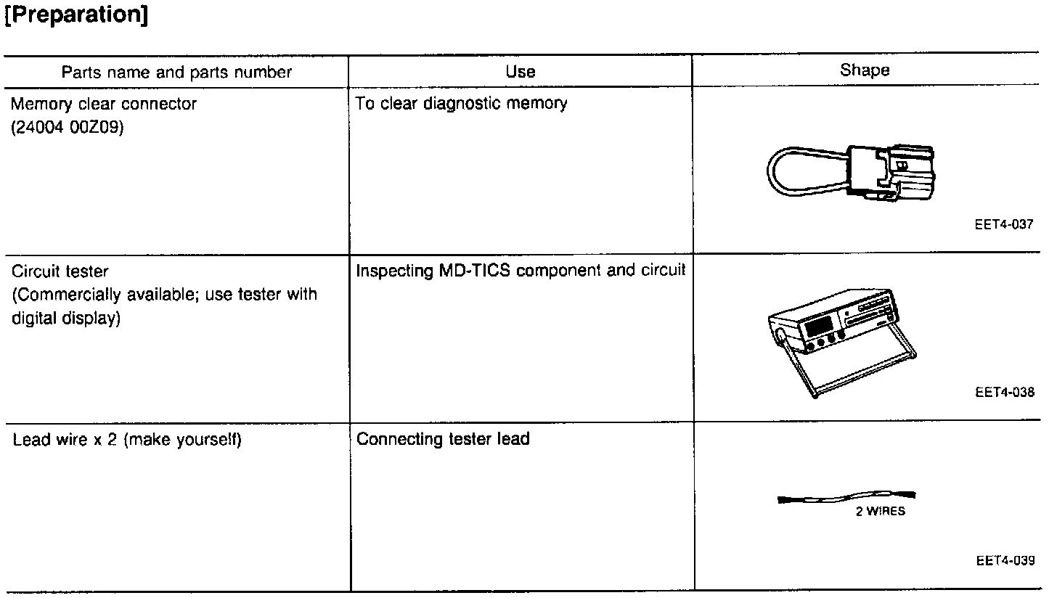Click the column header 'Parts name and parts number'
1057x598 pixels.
[176, 72]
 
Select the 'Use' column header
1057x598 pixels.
[520, 72]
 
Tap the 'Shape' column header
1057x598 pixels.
[864, 70]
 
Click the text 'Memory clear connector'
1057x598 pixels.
[103, 105]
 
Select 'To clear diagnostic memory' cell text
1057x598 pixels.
[461, 104]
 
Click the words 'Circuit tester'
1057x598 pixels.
[60, 272]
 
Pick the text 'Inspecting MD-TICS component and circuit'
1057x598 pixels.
[520, 271]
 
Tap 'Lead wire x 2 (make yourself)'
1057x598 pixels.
[127, 440]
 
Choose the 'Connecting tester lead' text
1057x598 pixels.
[443, 439]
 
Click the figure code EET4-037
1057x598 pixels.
[1004, 225]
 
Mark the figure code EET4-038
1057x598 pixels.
[1005, 393]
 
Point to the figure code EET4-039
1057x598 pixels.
[1005, 560]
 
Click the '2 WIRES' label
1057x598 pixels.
[880, 511]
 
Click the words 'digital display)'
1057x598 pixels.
[65, 319]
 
